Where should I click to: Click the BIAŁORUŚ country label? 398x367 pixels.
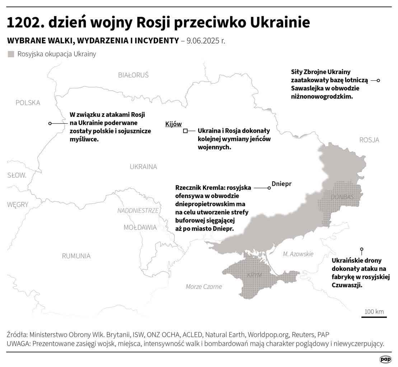point(133,75)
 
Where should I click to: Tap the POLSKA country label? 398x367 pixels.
point(28,103)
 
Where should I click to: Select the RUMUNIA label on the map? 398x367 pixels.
point(76,256)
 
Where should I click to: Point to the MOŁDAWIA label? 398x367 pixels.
point(140,227)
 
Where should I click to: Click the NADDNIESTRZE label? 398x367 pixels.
point(138,210)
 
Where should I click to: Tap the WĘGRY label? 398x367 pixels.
point(18,205)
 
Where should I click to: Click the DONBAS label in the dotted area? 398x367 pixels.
point(342,197)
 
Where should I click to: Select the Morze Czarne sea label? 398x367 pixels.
point(204,286)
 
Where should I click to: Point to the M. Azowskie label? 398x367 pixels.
point(298,254)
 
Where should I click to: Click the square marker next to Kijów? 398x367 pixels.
point(185,131)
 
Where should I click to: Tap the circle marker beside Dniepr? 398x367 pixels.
point(269,188)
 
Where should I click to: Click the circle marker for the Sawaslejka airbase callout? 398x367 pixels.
point(379,81)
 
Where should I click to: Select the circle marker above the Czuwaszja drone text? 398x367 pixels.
point(362,249)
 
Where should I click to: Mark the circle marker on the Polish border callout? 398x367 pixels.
point(50,123)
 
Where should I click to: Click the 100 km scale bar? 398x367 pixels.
point(374,316)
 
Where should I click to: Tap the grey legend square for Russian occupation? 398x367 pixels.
point(11,54)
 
